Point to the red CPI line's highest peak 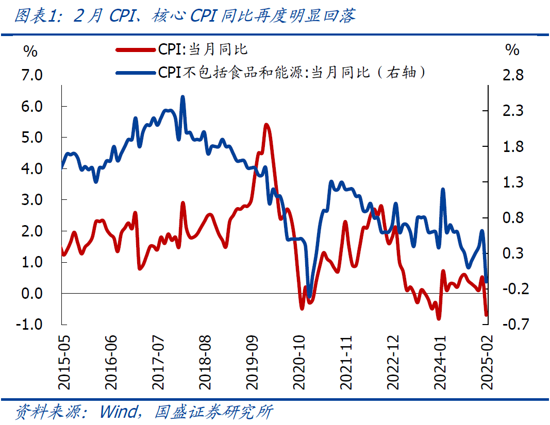266,125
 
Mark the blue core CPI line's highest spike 182,97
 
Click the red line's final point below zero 486,315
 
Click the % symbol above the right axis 512,50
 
